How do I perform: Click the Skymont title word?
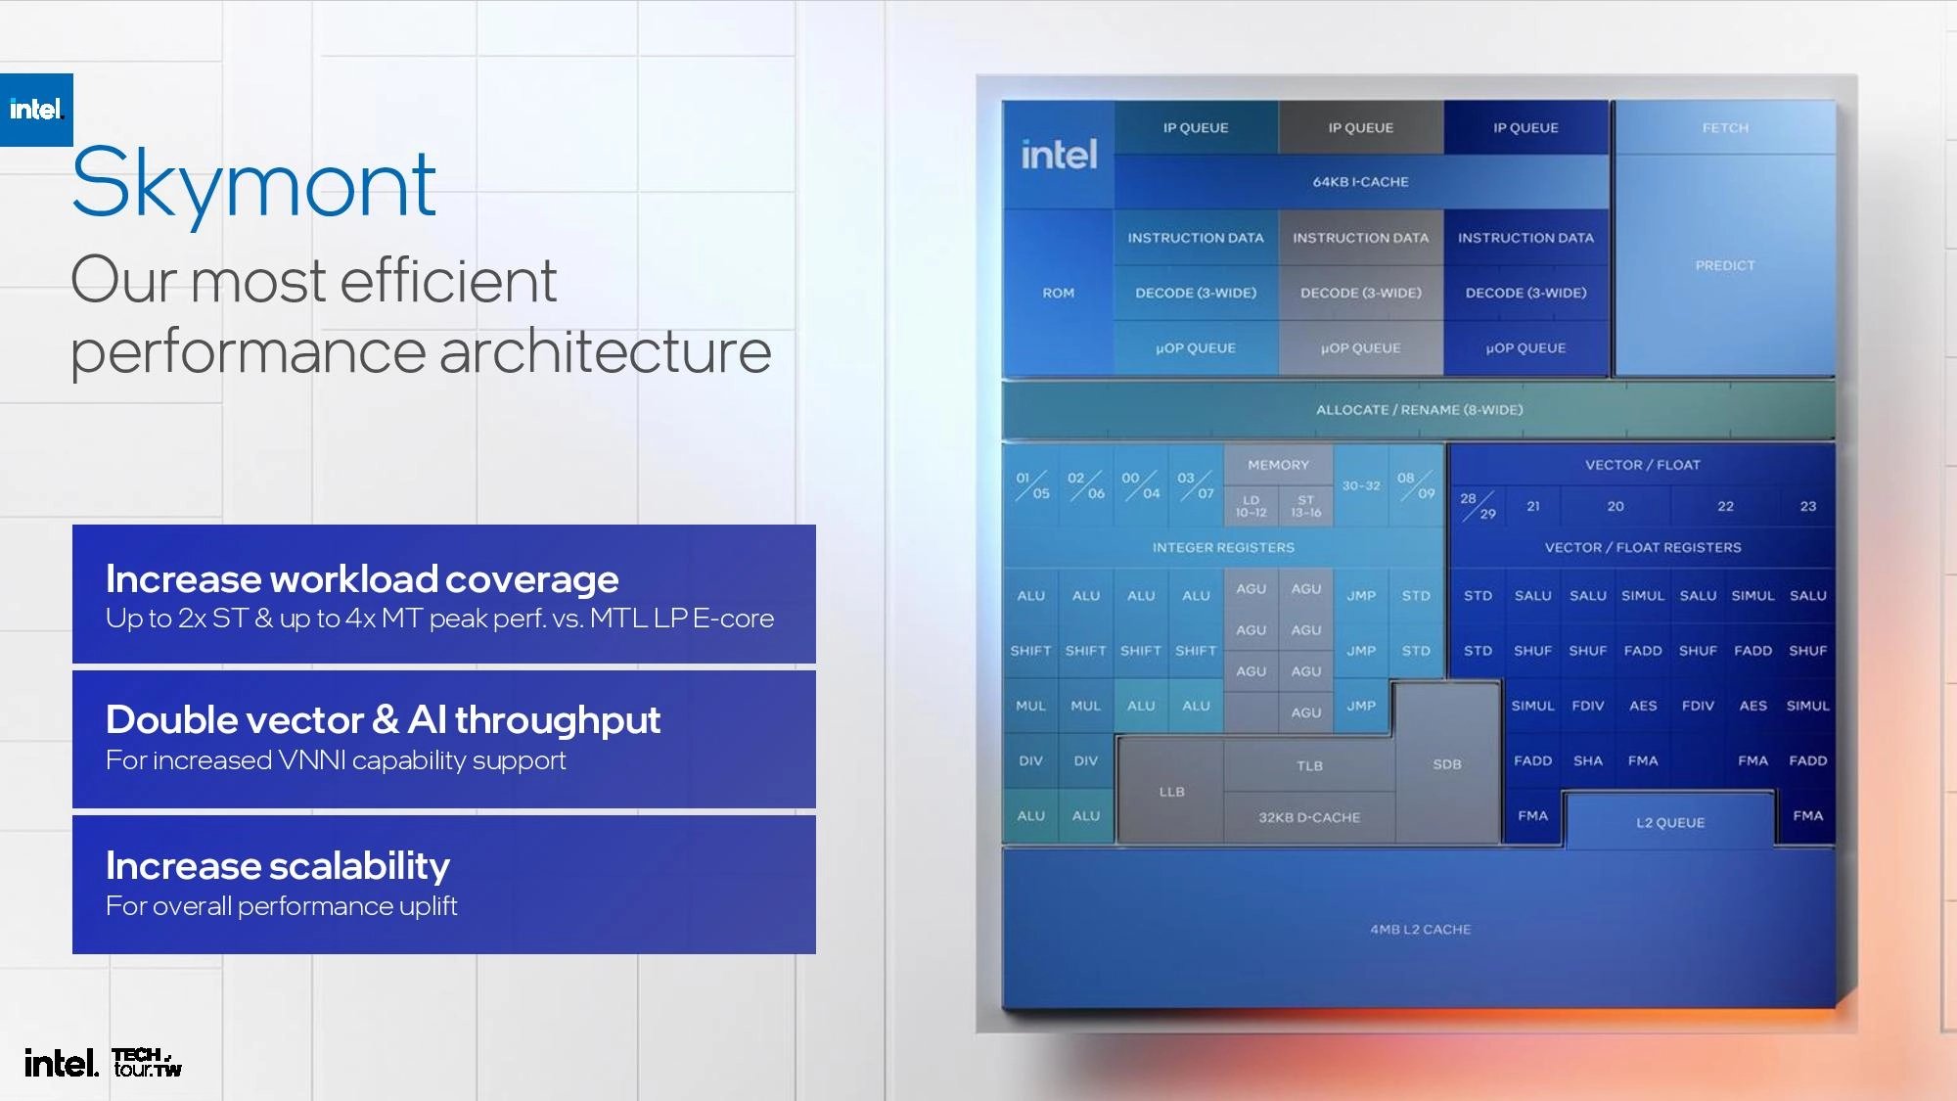[x=253, y=184]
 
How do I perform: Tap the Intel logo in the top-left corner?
[x=36, y=110]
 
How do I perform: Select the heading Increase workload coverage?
[x=362, y=579]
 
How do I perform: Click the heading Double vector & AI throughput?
[x=383, y=720]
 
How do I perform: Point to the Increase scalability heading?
[x=278, y=866]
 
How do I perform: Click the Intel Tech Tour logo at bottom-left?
[x=103, y=1062]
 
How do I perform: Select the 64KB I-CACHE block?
[x=1360, y=182]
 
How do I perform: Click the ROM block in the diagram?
[x=1058, y=293]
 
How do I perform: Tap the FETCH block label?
[x=1724, y=128]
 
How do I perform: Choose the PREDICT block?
[x=1724, y=265]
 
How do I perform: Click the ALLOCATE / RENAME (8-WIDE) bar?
[x=1419, y=410]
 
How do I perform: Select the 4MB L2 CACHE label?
[x=1420, y=929]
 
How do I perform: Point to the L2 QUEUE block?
[x=1669, y=823]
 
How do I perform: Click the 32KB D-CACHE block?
[x=1309, y=817]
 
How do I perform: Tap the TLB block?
[x=1309, y=765]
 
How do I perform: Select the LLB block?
[x=1171, y=792]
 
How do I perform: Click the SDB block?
[x=1446, y=764]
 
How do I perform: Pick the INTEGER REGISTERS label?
[x=1223, y=548]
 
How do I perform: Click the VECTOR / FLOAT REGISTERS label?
[x=1642, y=548]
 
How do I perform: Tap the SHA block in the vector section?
[x=1587, y=760]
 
